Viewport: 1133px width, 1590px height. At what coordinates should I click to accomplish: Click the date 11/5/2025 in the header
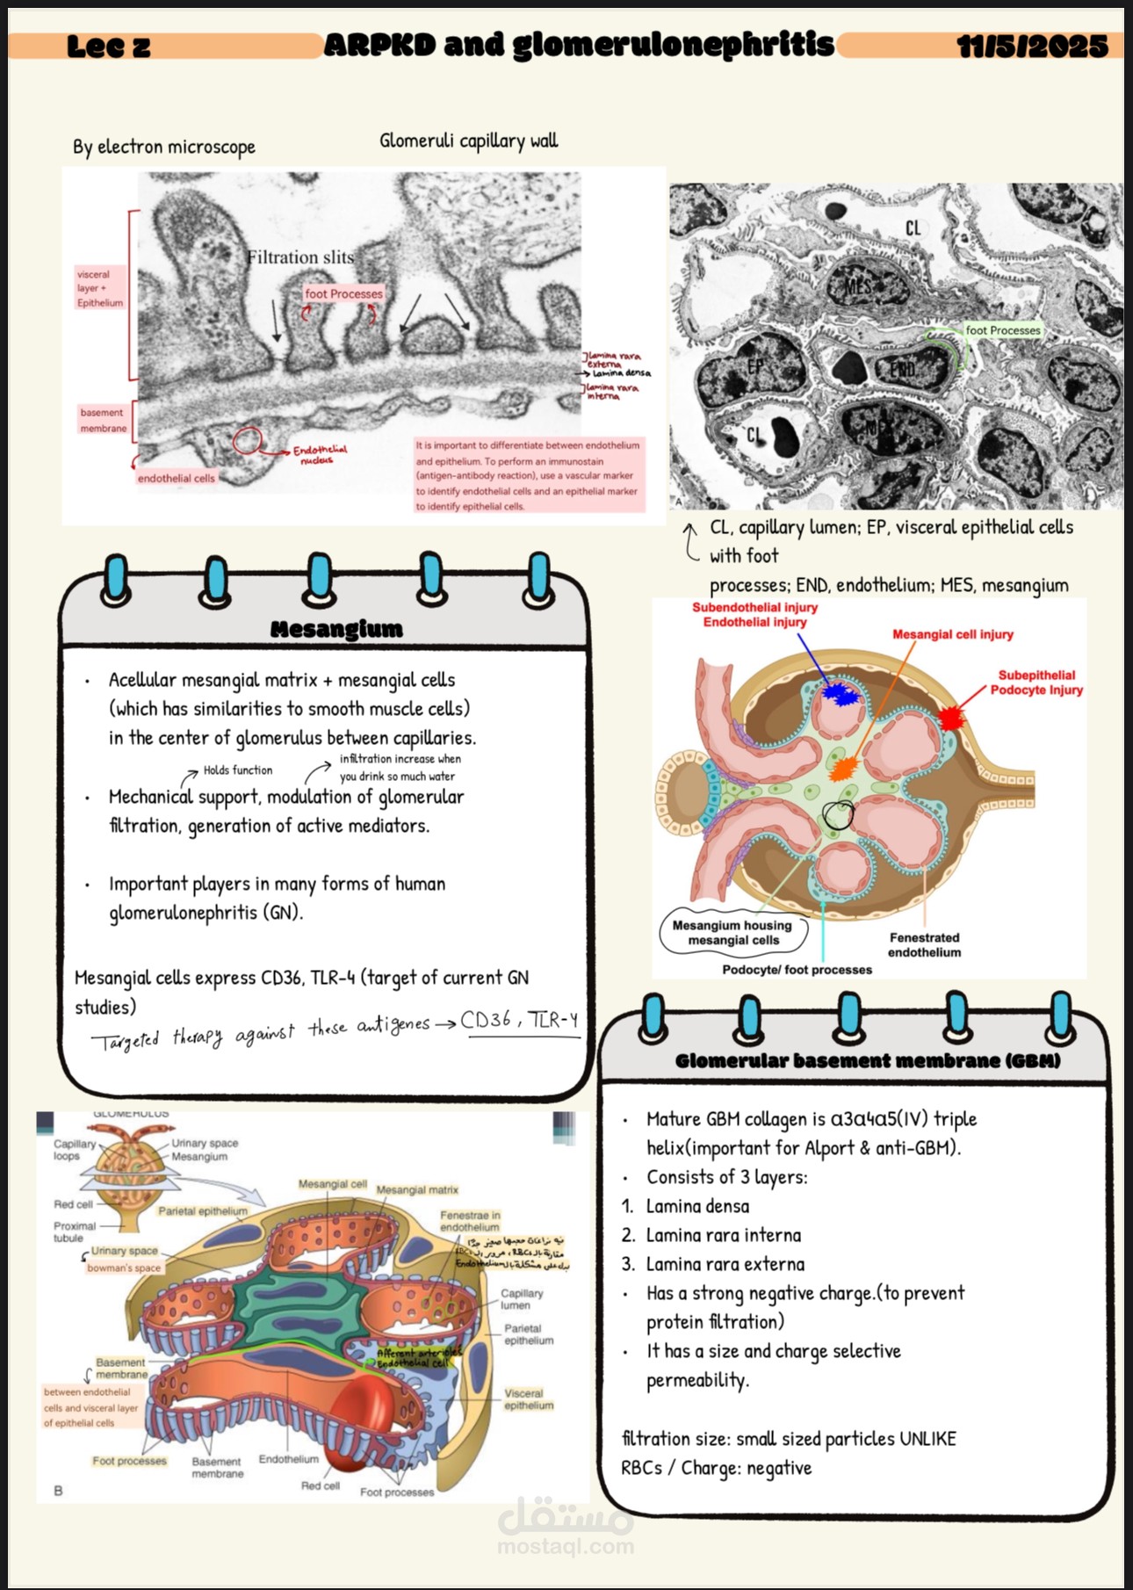pyautogui.click(x=1032, y=46)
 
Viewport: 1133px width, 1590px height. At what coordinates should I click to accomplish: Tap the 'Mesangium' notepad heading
pyautogui.click(x=336, y=629)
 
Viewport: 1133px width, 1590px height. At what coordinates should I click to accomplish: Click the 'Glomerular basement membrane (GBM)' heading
pyautogui.click(x=867, y=1060)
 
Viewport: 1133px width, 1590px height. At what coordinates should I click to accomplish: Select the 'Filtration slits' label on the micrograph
pyautogui.click(x=299, y=257)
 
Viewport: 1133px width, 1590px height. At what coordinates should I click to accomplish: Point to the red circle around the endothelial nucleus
pyautogui.click(x=249, y=440)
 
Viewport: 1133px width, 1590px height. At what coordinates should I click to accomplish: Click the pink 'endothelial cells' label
pyautogui.click(x=176, y=478)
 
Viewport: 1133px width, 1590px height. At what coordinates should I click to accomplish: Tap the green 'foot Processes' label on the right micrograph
pyautogui.click(x=1002, y=330)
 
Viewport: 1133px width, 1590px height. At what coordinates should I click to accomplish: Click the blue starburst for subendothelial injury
pyautogui.click(x=841, y=695)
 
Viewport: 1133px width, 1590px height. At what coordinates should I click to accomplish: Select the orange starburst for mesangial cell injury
pyautogui.click(x=841, y=770)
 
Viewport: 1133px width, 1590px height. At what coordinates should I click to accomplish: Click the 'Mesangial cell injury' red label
pyautogui.click(x=952, y=634)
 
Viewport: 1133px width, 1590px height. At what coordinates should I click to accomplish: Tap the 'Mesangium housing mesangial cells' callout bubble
pyautogui.click(x=732, y=932)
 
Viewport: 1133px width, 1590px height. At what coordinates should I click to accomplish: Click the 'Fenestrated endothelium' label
pyautogui.click(x=924, y=945)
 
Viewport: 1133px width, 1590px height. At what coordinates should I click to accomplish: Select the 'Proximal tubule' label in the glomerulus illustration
pyautogui.click(x=75, y=1232)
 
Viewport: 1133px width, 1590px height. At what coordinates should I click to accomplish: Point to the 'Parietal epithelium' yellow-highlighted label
pyautogui.click(x=203, y=1211)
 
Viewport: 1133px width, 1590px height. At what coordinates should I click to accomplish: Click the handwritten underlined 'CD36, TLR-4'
pyautogui.click(x=519, y=1021)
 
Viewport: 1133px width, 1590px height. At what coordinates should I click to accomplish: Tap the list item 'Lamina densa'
pyautogui.click(x=697, y=1206)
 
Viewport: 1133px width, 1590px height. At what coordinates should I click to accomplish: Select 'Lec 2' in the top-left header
pyautogui.click(x=108, y=47)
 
